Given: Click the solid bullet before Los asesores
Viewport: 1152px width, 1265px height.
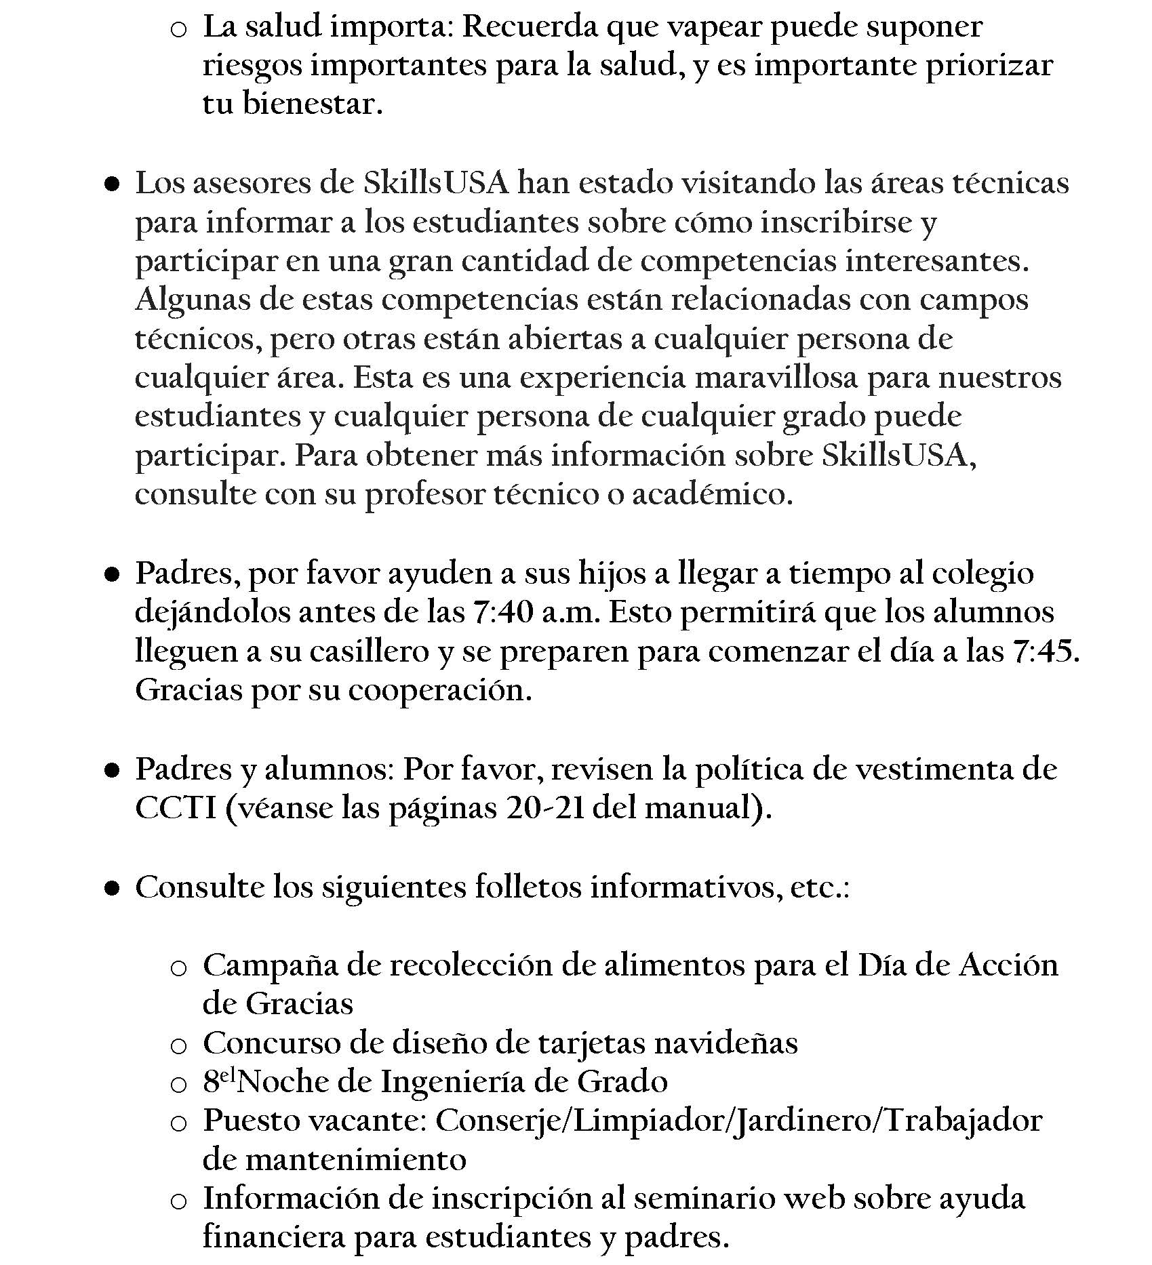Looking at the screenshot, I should [x=113, y=184].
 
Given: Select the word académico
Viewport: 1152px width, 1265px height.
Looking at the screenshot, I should [x=712, y=496].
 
